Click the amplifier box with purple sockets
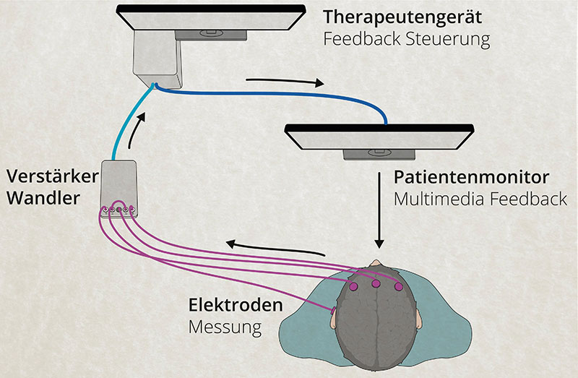118,187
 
